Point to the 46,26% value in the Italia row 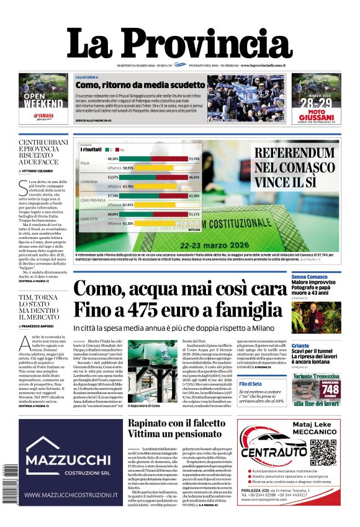(x=112, y=159)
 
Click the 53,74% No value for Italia (x=194, y=159)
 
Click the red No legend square (x=115, y=150)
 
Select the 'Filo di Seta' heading (x=254, y=384)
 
